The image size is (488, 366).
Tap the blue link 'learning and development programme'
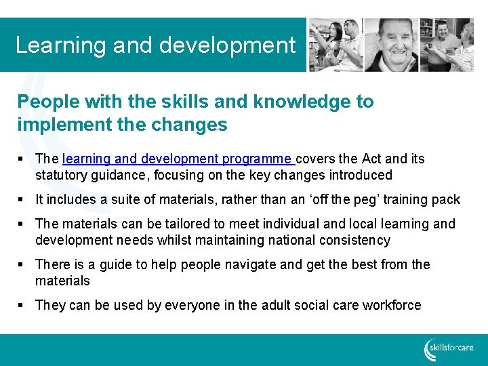pos(178,159)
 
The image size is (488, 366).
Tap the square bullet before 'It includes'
pos(22,200)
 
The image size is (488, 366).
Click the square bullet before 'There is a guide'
pos(22,265)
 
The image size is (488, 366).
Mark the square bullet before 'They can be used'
pos(22,306)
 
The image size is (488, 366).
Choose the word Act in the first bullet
pos(372,159)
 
